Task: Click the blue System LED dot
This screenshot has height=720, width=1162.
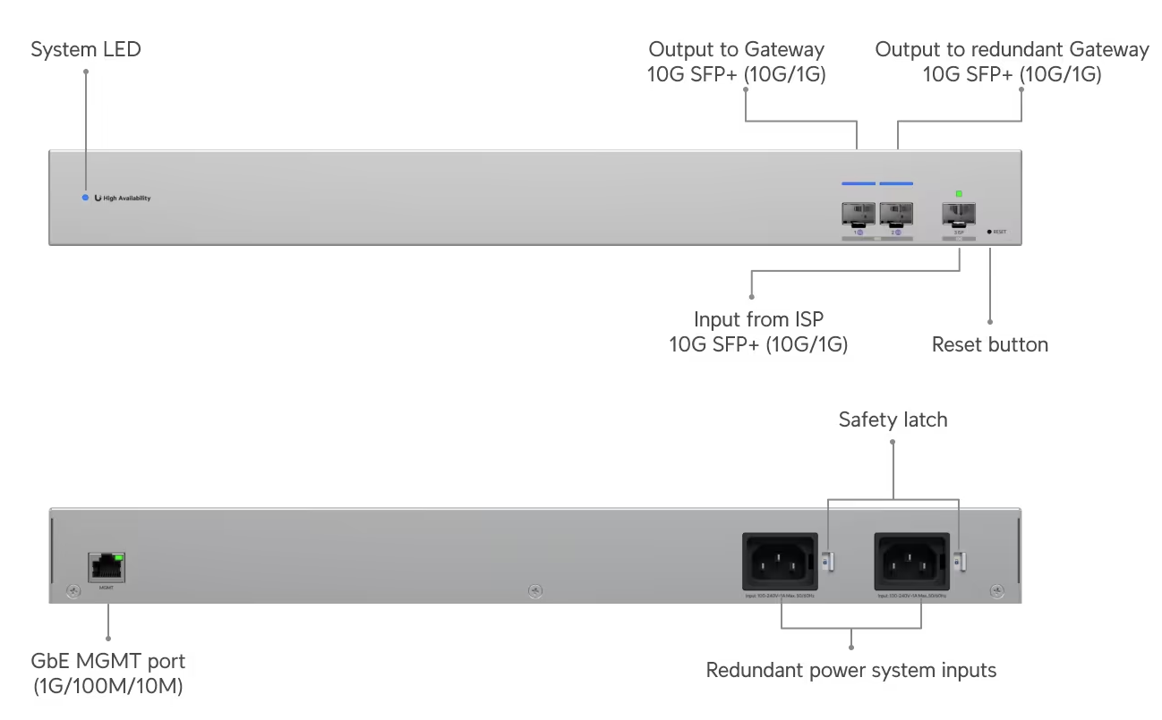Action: [x=85, y=198]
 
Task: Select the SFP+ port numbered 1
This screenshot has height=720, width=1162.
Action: [x=858, y=214]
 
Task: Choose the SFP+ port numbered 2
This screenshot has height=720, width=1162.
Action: [x=896, y=214]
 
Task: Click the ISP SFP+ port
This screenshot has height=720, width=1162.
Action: [x=959, y=214]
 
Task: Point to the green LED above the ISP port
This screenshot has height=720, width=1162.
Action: [x=959, y=193]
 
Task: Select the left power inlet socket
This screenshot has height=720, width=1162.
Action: [x=779, y=561]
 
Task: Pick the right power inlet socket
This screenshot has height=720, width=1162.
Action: [x=910, y=561]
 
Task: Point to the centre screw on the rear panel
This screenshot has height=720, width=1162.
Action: [x=534, y=589]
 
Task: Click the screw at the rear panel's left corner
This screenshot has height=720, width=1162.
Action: [x=73, y=590]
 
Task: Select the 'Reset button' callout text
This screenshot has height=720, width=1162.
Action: [x=989, y=345]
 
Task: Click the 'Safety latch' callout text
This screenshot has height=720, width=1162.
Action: [x=893, y=419]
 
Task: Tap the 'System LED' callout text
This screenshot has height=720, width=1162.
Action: [x=86, y=50]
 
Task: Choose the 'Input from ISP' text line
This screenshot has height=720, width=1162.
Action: [x=758, y=320]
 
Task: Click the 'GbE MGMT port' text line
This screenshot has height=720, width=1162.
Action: [x=108, y=663]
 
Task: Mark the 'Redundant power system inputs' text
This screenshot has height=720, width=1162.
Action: [x=850, y=670]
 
